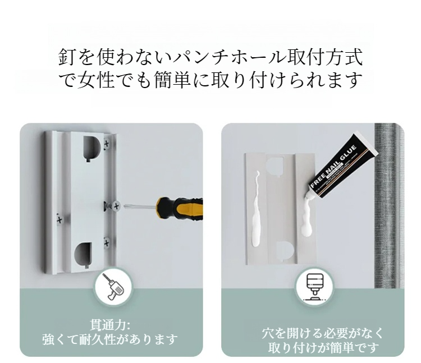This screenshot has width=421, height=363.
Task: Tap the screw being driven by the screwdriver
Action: [116, 206]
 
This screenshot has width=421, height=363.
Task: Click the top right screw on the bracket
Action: [107, 144]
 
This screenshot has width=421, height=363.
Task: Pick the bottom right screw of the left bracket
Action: [107, 243]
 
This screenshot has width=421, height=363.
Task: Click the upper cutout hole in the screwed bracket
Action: [91, 149]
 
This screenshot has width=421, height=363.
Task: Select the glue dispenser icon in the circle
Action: [314, 287]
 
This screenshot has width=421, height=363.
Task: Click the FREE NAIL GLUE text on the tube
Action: [333, 168]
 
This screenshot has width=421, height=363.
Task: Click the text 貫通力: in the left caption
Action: [110, 325]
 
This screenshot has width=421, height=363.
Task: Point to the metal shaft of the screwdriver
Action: [140, 206]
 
